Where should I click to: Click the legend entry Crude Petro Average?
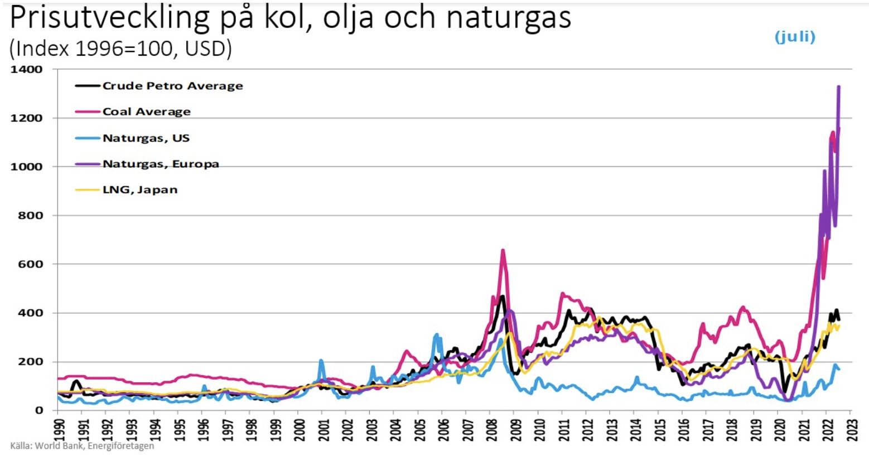tap(172, 86)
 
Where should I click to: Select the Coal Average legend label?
tap(146, 111)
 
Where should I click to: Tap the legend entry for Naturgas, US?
tap(146, 138)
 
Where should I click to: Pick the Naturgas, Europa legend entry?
tap(160, 164)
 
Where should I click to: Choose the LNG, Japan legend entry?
tap(139, 190)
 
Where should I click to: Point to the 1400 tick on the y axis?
tap(26, 70)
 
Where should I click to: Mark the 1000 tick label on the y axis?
tap(26, 167)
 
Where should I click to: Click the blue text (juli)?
tap(795, 37)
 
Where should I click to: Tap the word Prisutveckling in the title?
tap(109, 18)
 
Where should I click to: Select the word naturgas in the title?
tap(508, 18)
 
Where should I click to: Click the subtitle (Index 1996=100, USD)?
tap(120, 49)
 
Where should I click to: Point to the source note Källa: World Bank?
tap(82, 446)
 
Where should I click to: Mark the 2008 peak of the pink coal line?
tap(503, 250)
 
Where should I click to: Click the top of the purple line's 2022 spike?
tap(838, 87)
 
